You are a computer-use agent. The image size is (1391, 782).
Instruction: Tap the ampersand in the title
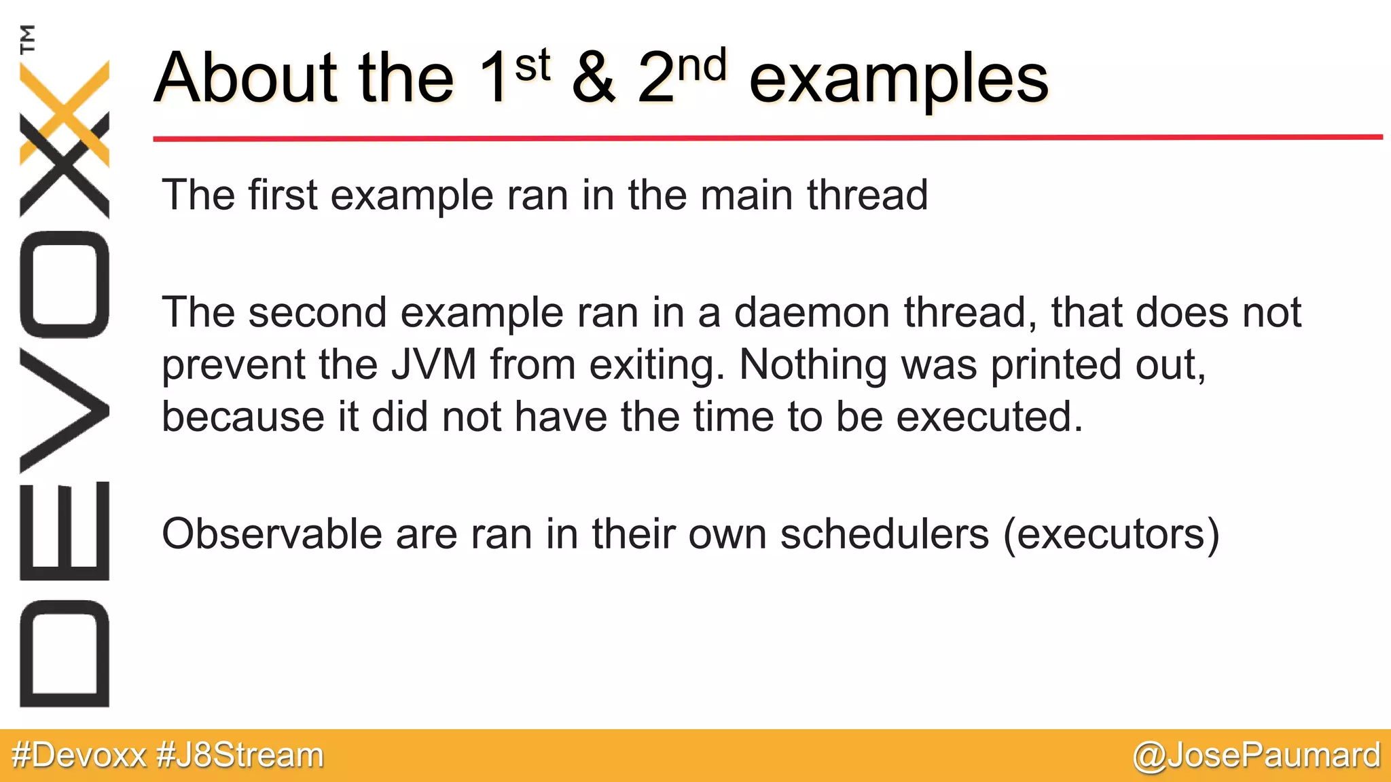(x=594, y=78)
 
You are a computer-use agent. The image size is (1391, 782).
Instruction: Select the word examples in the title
(x=899, y=80)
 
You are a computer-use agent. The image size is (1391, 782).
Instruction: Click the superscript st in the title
(x=532, y=66)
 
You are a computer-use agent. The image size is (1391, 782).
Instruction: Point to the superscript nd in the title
(x=702, y=66)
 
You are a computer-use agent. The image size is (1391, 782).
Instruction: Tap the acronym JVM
(x=434, y=365)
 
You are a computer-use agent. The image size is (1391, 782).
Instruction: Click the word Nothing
(x=813, y=365)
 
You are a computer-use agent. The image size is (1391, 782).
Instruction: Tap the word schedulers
(x=884, y=534)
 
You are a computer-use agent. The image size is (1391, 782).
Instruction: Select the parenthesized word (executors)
(x=1111, y=535)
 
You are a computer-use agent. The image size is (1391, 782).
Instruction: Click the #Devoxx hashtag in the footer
(x=79, y=756)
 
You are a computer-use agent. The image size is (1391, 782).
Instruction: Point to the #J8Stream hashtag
(x=240, y=756)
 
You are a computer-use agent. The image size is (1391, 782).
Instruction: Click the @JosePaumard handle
(x=1257, y=756)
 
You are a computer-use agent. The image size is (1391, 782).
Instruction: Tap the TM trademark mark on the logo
(x=28, y=39)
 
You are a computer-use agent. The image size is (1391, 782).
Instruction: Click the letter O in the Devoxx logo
(x=65, y=284)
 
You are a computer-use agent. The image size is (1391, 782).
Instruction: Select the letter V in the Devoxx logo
(x=65, y=410)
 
